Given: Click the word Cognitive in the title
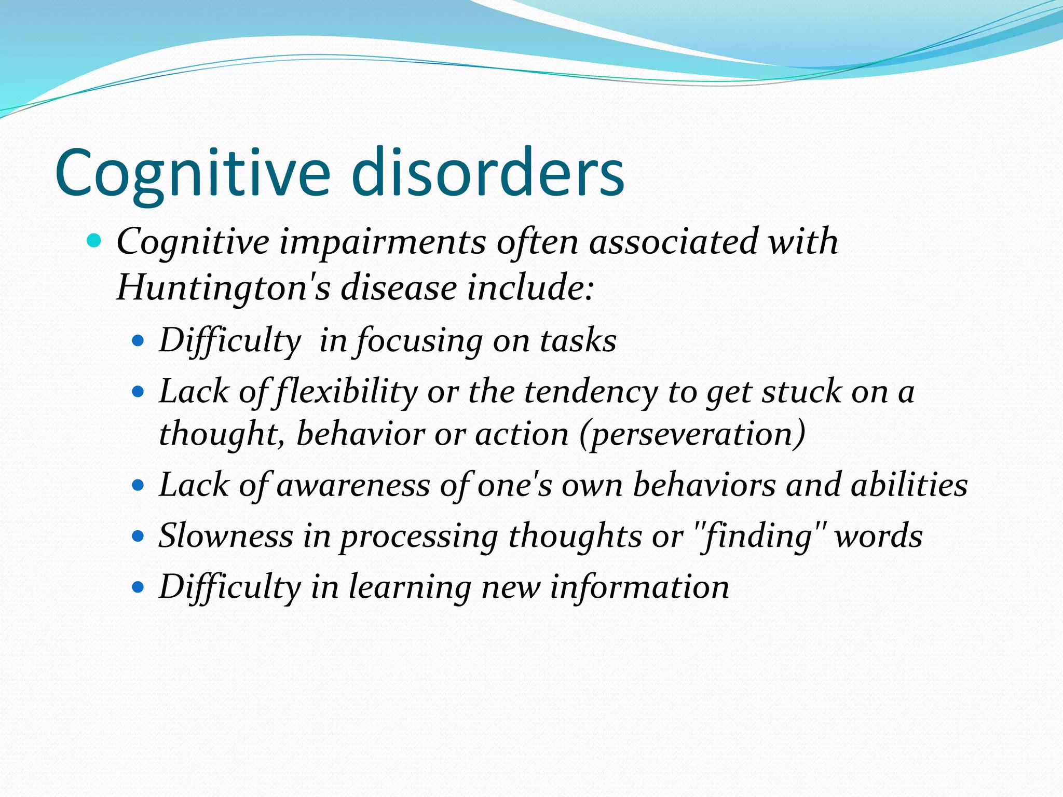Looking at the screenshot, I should coord(192,173).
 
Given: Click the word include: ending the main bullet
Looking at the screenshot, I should coord(529,287).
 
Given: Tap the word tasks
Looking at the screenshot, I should coord(578,341).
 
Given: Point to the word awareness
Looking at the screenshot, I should coord(353,485).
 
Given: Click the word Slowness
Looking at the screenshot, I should coord(226,535).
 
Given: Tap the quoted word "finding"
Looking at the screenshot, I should coord(758,535).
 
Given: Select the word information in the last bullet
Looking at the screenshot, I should coord(639,587).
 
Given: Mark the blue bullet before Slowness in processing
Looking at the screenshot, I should coord(138,536).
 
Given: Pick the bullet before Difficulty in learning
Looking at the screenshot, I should coord(138,587).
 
